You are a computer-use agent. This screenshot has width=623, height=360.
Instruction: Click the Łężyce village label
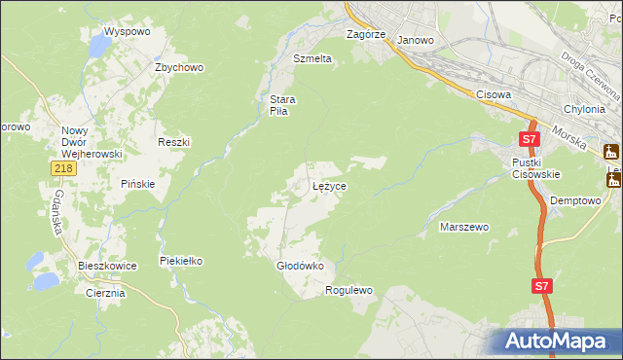pyautogui.click(x=329, y=185)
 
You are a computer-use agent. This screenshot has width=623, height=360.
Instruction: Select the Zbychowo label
pyautogui.click(x=178, y=67)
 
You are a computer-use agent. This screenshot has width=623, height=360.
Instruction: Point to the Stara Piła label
pyautogui.click(x=282, y=105)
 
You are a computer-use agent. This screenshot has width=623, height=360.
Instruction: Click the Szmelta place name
pyautogui.click(x=312, y=58)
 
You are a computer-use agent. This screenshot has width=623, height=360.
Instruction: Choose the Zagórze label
pyautogui.click(x=367, y=33)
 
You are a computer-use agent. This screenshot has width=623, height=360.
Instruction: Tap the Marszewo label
pyautogui.click(x=463, y=227)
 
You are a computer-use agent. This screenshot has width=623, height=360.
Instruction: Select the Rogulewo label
pyautogui.click(x=348, y=290)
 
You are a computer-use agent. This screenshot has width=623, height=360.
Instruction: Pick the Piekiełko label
pyautogui.click(x=181, y=261)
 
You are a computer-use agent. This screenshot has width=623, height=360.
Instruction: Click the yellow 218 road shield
pyautogui.click(x=63, y=169)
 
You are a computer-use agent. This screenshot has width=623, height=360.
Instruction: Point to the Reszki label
pyautogui.click(x=173, y=142)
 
